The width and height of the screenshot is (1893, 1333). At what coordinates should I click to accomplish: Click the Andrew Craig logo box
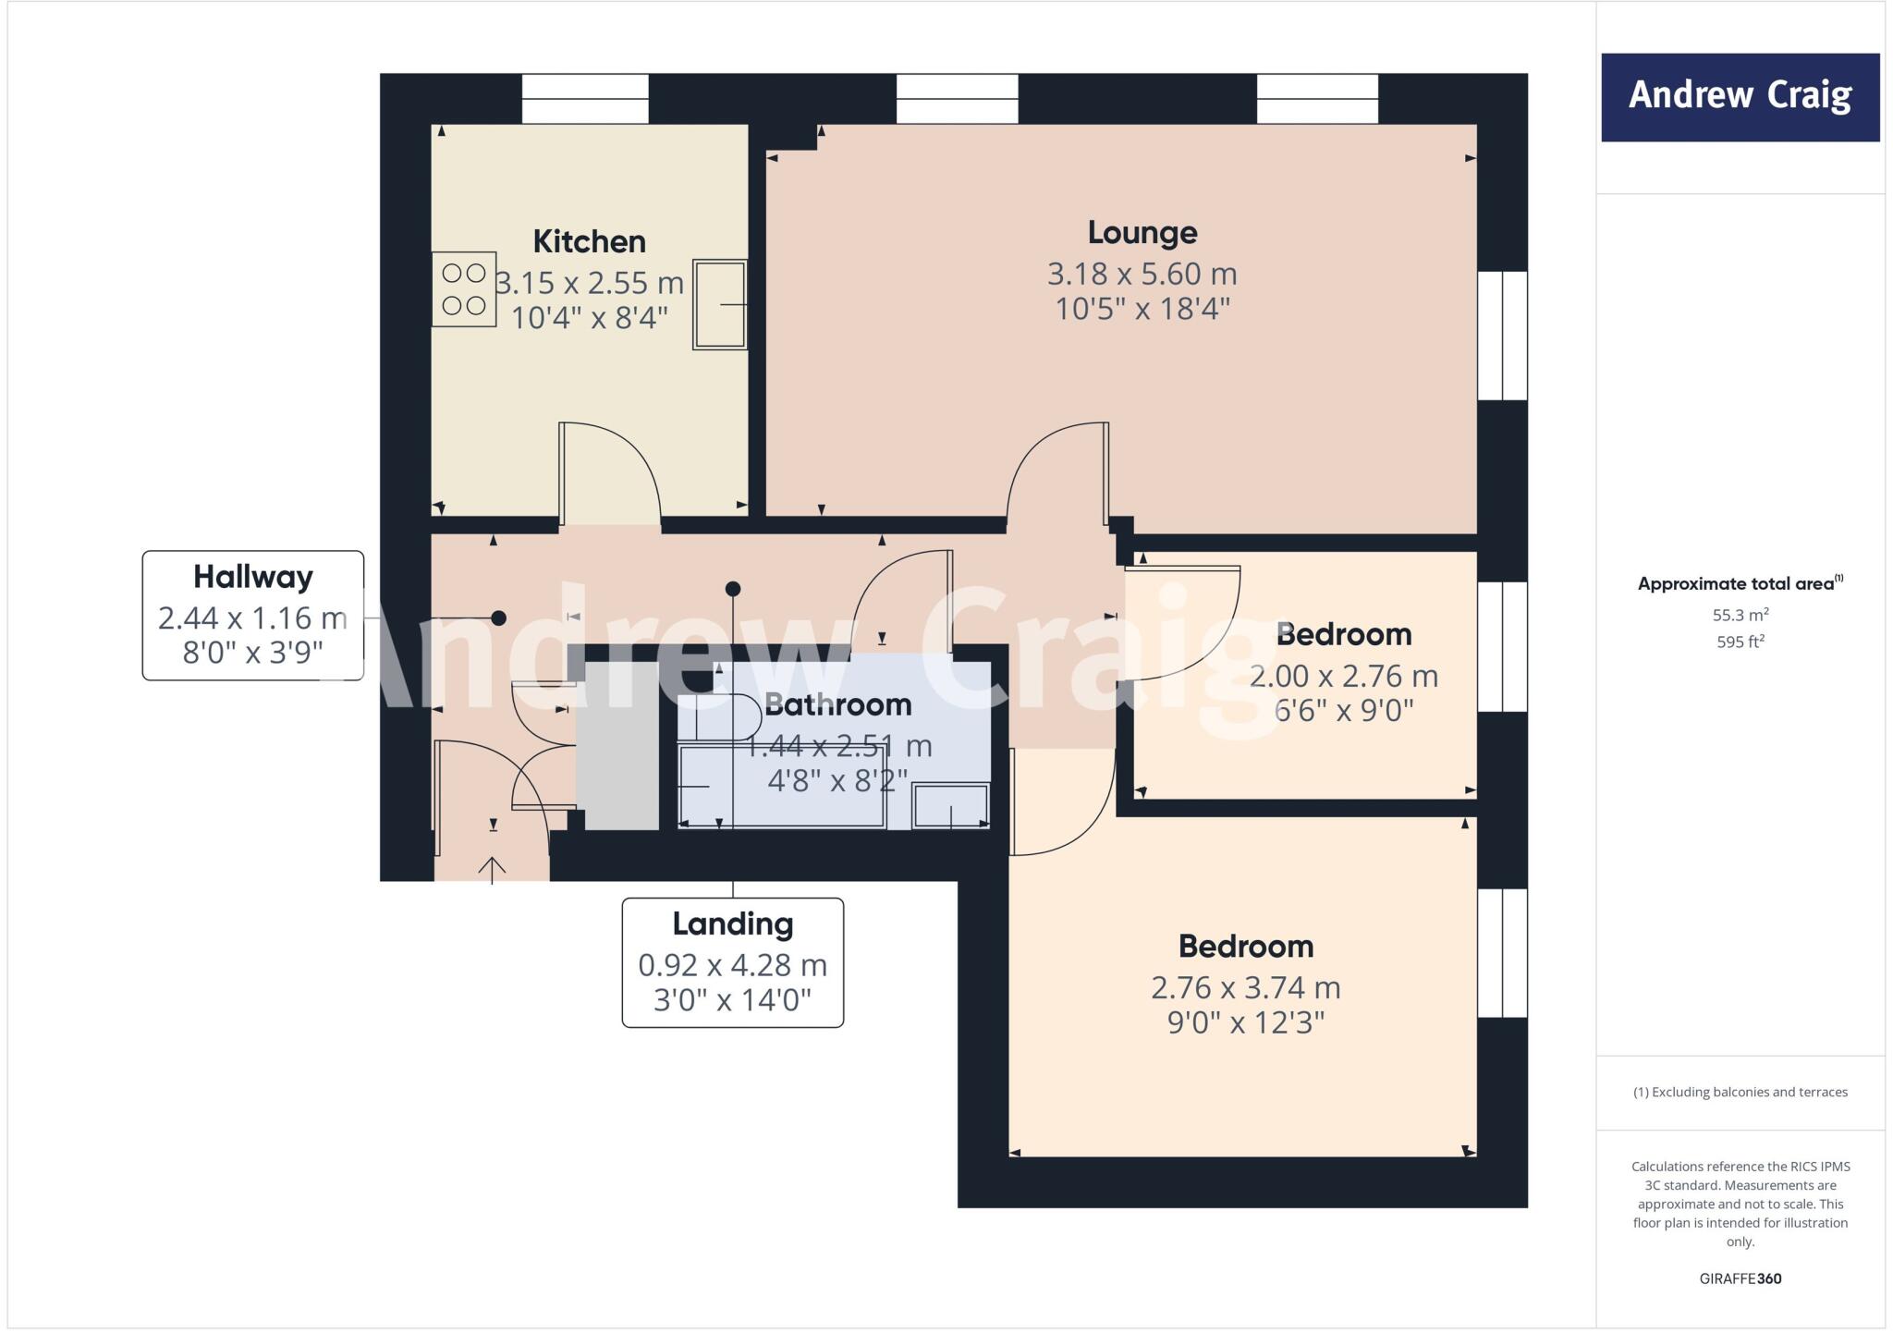(x=1740, y=97)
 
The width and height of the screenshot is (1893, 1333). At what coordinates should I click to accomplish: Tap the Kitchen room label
(x=589, y=242)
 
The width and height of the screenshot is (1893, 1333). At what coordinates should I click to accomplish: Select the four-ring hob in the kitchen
(x=464, y=288)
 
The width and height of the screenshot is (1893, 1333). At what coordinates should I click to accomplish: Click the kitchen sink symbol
(x=720, y=304)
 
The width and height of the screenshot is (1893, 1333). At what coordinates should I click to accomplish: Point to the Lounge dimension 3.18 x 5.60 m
(x=1142, y=274)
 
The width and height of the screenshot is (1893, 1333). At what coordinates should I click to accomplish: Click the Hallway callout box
(x=252, y=616)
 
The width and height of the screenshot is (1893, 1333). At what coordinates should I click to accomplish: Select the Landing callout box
(x=732, y=962)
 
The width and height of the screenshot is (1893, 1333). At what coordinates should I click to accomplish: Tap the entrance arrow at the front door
(x=492, y=869)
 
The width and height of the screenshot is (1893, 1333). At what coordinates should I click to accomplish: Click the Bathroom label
(x=837, y=705)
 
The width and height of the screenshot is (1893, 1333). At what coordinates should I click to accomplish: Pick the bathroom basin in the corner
(x=950, y=805)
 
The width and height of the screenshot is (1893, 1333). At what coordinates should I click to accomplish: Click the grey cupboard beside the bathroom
(x=617, y=745)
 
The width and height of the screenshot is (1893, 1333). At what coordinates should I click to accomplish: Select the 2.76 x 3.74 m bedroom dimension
(x=1245, y=988)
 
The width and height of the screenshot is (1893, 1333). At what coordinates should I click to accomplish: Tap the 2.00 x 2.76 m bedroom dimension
(x=1343, y=677)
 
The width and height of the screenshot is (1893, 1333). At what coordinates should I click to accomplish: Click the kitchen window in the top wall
(x=585, y=99)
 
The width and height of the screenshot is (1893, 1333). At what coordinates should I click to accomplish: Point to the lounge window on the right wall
(x=1502, y=336)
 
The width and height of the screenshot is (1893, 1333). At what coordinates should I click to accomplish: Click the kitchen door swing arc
(x=629, y=462)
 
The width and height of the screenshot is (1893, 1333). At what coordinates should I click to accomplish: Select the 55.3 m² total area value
(x=1740, y=615)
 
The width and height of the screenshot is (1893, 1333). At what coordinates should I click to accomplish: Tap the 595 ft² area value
(x=1740, y=642)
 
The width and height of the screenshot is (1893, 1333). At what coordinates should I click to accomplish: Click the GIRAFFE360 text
(x=1740, y=1278)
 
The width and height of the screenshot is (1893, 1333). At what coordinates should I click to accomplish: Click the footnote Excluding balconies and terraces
(x=1740, y=1092)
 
